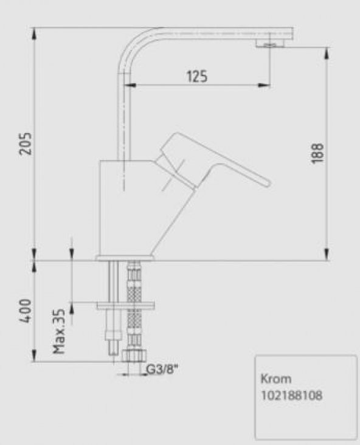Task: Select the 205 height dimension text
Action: click(24, 143)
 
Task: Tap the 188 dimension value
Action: click(319, 153)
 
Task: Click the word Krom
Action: click(275, 378)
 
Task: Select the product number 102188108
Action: click(291, 395)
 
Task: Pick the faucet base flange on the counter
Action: click(125, 258)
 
